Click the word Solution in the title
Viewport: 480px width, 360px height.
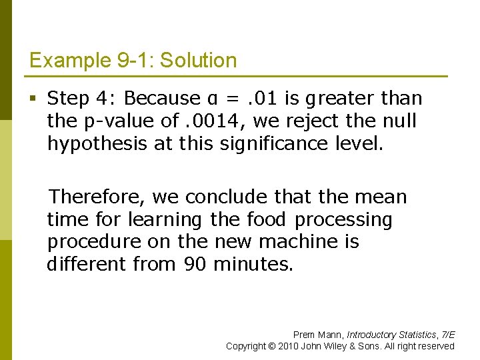(x=199, y=61)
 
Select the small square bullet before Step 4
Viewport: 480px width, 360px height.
(x=33, y=99)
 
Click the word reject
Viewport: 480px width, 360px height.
(x=299, y=121)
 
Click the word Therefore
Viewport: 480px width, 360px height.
(x=97, y=197)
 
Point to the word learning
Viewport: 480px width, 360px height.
(x=165, y=219)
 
